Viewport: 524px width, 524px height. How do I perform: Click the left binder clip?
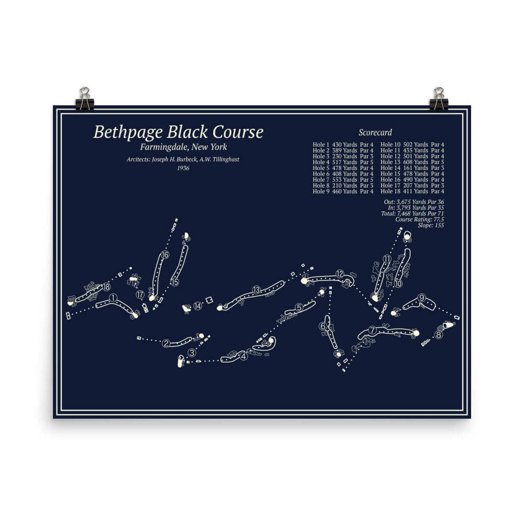[84, 99]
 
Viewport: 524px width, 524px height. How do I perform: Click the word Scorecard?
[375, 133]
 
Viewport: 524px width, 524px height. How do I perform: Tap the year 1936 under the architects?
[183, 168]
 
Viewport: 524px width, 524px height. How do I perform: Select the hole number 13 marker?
[256, 290]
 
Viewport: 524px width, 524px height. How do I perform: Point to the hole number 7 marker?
[373, 330]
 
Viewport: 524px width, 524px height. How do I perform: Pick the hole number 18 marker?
[106, 287]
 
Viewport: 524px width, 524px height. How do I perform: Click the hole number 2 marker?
[166, 344]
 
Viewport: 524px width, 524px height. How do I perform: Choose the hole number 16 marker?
[165, 255]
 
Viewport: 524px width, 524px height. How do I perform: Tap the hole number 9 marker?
[422, 299]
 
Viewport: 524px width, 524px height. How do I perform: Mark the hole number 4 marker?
[243, 357]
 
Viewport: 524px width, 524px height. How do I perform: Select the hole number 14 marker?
[198, 306]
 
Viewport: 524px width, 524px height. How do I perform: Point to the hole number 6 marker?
[323, 327]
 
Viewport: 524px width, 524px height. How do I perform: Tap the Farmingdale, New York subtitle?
[180, 147]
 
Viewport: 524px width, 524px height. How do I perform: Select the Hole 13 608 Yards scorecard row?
[412, 162]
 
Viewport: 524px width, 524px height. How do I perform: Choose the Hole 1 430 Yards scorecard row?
[343, 145]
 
